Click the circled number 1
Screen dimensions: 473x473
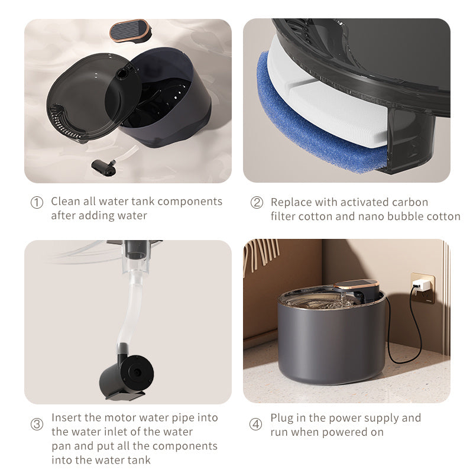[37, 202]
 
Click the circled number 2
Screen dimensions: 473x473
[257, 202]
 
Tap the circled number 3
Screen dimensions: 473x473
[37, 424]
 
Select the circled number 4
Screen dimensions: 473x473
[256, 425]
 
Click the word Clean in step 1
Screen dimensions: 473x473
[65, 201]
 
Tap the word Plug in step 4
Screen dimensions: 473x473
[281, 418]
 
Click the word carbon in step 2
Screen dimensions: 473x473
[412, 202]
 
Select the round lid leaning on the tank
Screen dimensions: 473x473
[92, 98]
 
